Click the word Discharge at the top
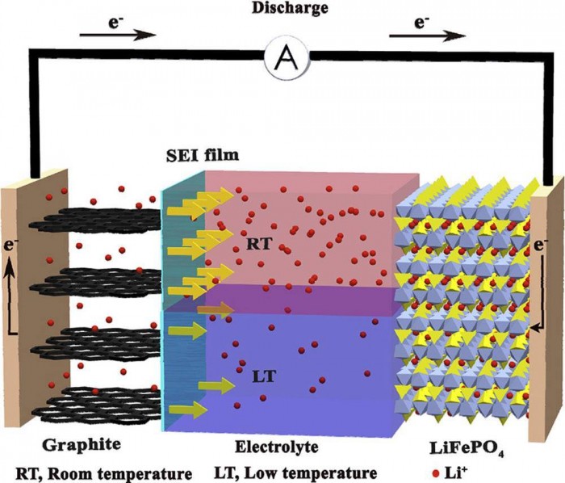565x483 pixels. [x=283, y=9]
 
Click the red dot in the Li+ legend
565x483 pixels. [x=437, y=472]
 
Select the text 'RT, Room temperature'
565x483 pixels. [x=104, y=472]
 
